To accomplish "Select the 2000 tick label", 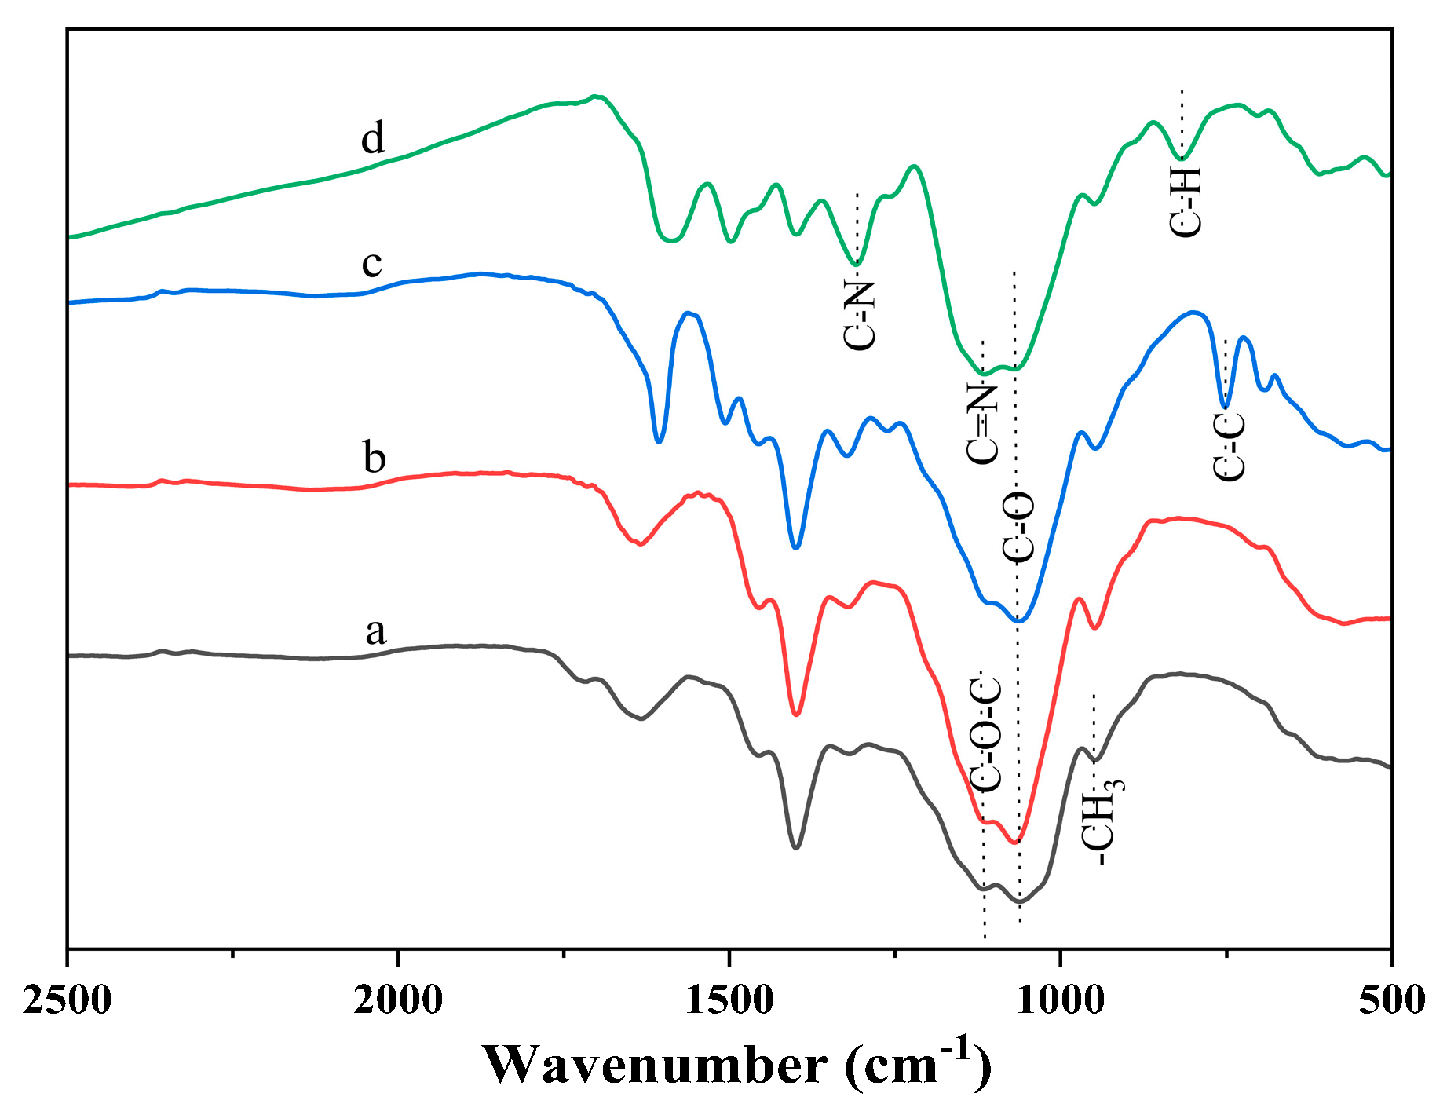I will [398, 1001].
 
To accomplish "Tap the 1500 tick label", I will [729, 1001].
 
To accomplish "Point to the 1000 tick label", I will [1061, 1001].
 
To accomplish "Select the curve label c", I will [371, 263].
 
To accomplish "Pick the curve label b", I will [375, 457].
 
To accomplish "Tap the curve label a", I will [376, 631].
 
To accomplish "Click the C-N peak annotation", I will [859, 315].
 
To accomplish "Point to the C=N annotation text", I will [982, 424].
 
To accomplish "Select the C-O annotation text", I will [1019, 528].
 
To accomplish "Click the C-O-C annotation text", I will [985, 733].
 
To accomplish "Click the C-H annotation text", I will [1185, 200].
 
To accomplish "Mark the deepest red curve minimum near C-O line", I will [1016, 843].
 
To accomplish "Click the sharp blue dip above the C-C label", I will [1225, 406].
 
